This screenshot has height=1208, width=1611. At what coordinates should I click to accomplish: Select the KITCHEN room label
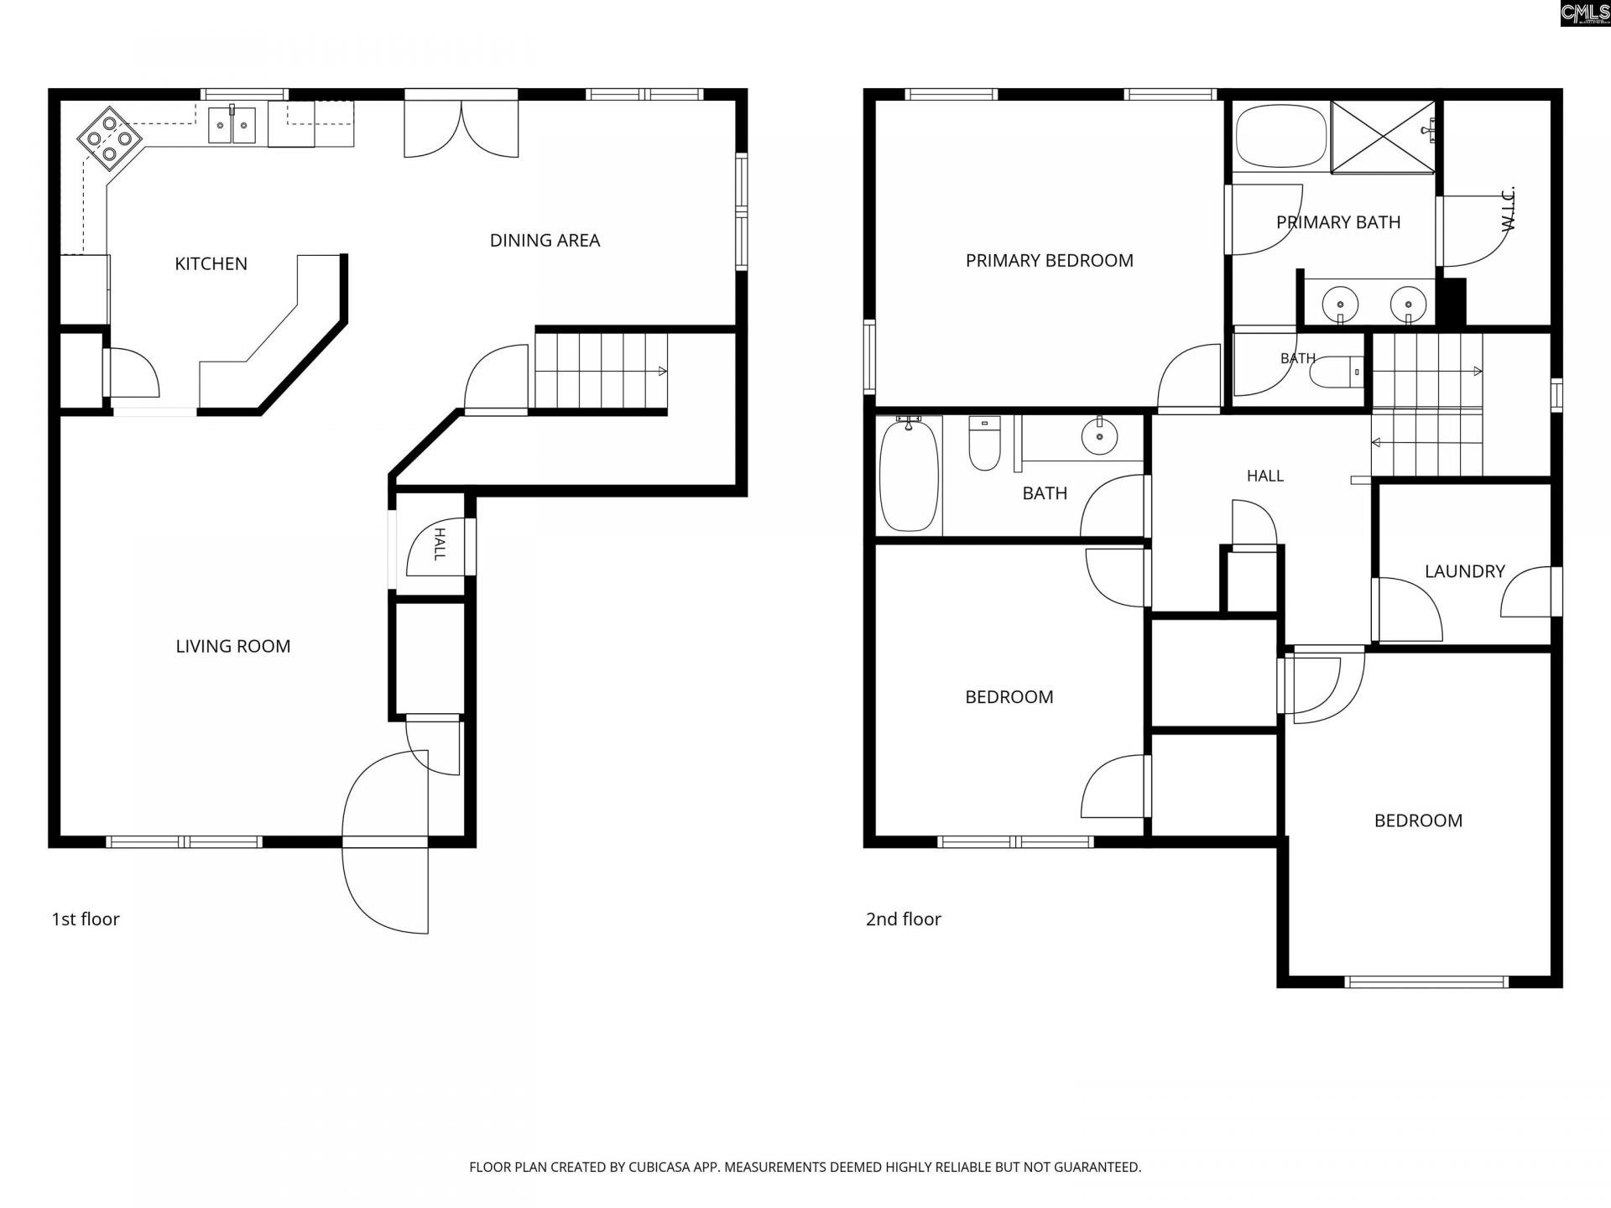[211, 263]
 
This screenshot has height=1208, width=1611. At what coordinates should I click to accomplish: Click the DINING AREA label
[545, 240]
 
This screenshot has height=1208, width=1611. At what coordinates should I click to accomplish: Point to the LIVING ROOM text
[232, 646]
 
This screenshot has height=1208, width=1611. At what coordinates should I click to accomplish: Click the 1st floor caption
[86, 919]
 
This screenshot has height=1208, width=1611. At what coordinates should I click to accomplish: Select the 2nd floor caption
[903, 919]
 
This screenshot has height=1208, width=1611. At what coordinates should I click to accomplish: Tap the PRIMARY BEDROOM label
[1049, 260]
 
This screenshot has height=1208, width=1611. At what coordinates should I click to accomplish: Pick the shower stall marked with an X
[1384, 138]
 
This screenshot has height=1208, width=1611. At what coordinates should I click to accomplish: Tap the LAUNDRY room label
[1464, 571]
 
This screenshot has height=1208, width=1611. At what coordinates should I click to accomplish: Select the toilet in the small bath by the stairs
[1335, 371]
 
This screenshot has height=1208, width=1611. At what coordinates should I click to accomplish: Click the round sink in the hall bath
[1098, 435]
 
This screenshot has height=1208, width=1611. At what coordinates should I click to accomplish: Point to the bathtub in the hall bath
[909, 476]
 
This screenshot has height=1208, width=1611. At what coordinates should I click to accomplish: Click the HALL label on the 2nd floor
[1264, 476]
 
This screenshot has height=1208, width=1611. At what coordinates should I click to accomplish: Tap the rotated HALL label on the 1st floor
[439, 544]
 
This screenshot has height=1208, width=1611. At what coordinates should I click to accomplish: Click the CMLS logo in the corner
[1585, 13]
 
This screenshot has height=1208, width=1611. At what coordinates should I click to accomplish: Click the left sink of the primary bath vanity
[1340, 302]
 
